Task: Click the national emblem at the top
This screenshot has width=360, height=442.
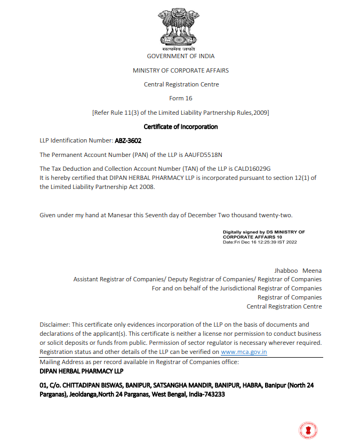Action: click(x=180, y=27)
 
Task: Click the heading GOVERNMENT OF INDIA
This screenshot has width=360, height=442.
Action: click(x=180, y=56)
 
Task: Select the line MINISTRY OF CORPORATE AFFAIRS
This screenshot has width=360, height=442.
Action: click(x=180, y=70)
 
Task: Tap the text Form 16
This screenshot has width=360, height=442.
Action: click(x=180, y=98)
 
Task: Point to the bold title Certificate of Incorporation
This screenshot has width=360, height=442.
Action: click(x=180, y=127)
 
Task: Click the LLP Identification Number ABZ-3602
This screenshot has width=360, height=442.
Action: click(x=129, y=140)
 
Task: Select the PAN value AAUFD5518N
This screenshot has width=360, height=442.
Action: click(x=203, y=155)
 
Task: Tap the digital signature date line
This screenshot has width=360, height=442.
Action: click(x=260, y=242)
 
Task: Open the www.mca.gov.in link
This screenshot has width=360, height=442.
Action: click(x=244, y=352)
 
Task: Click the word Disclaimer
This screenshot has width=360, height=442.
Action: click(x=54, y=324)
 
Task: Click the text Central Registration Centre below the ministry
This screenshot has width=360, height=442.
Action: click(x=180, y=84)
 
